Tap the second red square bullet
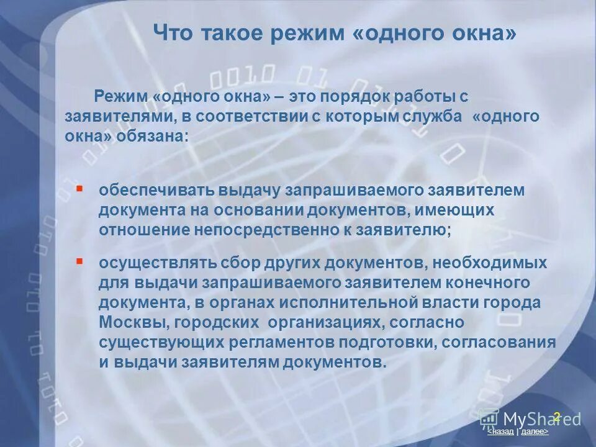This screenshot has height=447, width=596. (x=79, y=261)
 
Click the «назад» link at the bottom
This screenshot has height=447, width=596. (x=501, y=431)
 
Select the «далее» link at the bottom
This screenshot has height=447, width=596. (x=534, y=431)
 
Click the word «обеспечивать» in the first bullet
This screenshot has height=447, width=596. (x=145, y=189)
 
